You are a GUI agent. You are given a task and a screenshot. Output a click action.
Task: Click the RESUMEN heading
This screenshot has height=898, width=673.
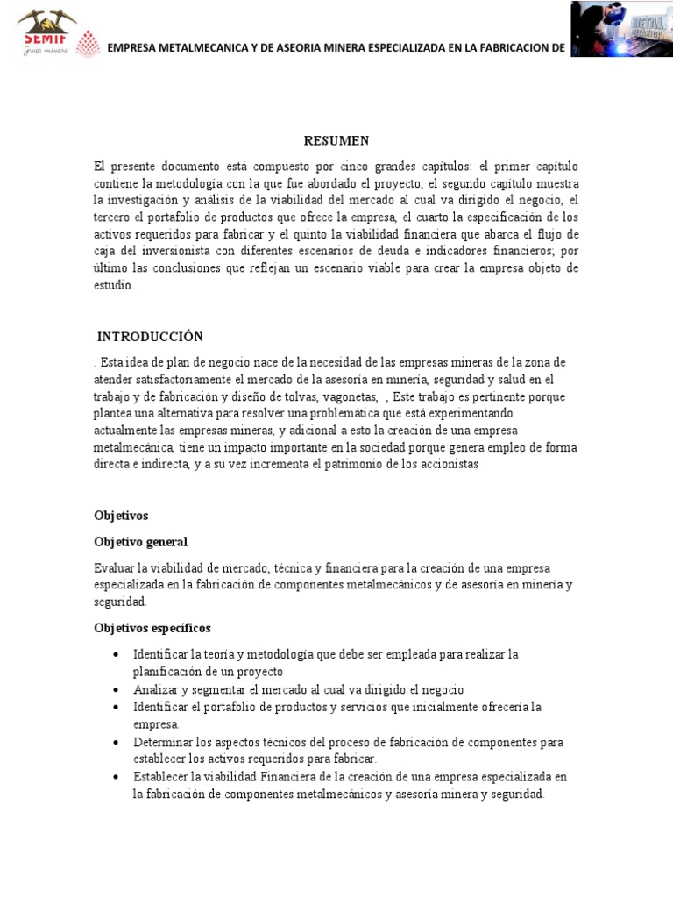coord(336,140)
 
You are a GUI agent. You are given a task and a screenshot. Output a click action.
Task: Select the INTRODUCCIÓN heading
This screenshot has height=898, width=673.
coord(150,337)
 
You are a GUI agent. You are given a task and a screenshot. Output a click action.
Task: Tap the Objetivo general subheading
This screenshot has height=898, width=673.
coord(140,542)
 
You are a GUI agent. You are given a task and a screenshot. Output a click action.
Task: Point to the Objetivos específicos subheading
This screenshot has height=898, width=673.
coord(152,628)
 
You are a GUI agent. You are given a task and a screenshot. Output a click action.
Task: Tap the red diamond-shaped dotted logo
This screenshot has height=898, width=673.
coord(89,45)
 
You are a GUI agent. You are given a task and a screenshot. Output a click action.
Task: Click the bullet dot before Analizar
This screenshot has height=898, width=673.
coord(117,689)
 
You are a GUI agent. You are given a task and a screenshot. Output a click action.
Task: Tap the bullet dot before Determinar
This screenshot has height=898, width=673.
coord(117,742)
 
